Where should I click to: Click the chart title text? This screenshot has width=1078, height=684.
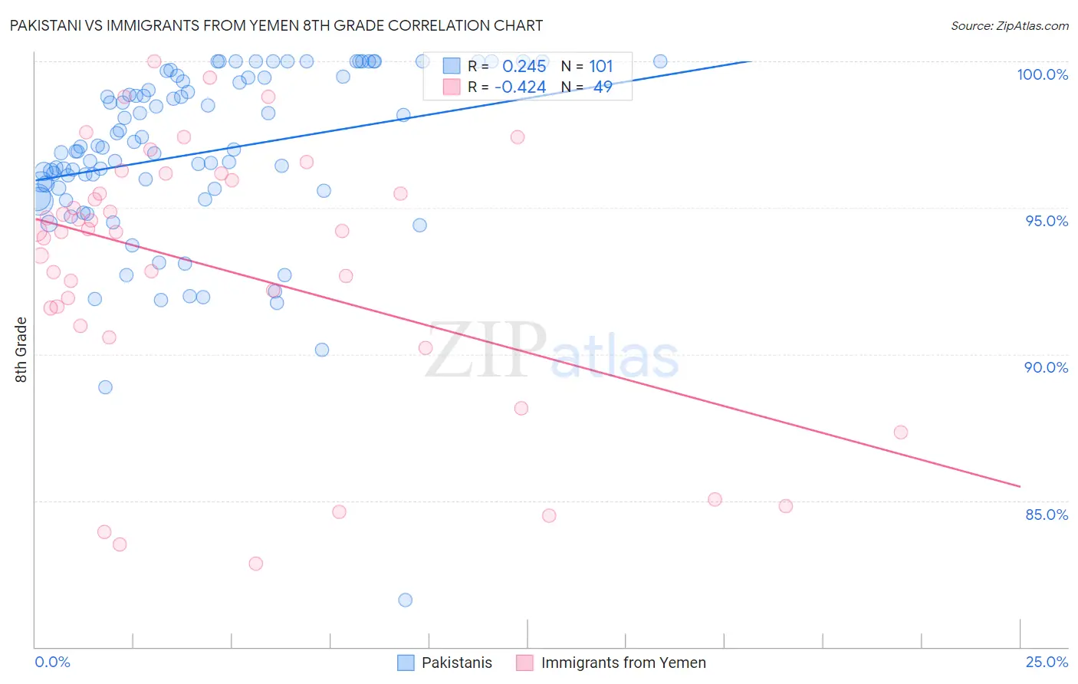pyautogui.click(x=276, y=25)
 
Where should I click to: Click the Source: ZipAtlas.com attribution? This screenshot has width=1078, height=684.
pyautogui.click(x=1009, y=25)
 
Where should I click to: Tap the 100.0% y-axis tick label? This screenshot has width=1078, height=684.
pyautogui.click(x=1042, y=74)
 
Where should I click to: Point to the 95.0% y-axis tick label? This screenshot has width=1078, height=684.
pyautogui.click(x=1047, y=221)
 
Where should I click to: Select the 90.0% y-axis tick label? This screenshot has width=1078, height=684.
pyautogui.click(x=1046, y=367)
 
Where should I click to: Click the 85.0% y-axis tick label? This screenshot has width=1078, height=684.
pyautogui.click(x=1047, y=515)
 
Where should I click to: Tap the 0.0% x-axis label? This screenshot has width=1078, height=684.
pyautogui.click(x=52, y=662)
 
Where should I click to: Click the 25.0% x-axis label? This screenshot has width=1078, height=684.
pyautogui.click(x=1047, y=662)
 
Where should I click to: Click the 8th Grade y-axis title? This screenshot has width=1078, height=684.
pyautogui.click(x=21, y=350)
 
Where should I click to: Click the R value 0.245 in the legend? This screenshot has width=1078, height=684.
pyautogui.click(x=524, y=67)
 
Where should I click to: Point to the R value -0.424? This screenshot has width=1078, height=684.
pyautogui.click(x=520, y=87)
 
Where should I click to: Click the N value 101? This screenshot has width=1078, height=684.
pyautogui.click(x=601, y=67)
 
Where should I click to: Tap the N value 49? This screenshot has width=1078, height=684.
pyautogui.click(x=603, y=87)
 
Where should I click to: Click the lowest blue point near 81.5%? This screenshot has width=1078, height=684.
pyautogui.click(x=406, y=600)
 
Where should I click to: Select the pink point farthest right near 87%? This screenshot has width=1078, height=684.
pyautogui.click(x=901, y=432)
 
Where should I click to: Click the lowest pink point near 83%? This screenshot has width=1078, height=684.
pyautogui.click(x=256, y=564)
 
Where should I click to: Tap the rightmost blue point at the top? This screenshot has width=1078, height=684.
pyautogui.click(x=660, y=61)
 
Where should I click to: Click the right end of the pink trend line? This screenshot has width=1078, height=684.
pyautogui.click(x=1020, y=486)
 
